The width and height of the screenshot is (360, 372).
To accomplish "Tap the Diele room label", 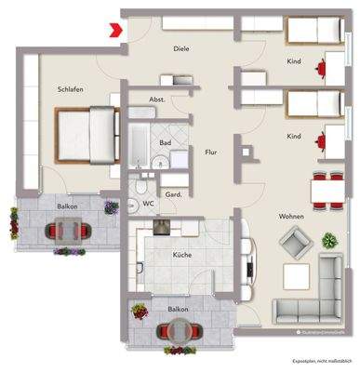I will click(x=180, y=48).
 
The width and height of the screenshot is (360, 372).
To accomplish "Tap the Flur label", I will click(x=211, y=151).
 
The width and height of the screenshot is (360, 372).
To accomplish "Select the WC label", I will click(x=148, y=202).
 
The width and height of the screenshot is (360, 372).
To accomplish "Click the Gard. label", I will click(x=174, y=195).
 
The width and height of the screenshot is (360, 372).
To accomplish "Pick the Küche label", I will click(x=182, y=254).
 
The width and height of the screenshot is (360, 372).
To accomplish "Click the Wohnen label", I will click(x=291, y=218).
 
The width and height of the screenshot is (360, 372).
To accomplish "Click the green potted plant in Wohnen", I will click(x=328, y=241).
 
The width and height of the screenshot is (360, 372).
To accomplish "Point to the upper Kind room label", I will click(x=294, y=63).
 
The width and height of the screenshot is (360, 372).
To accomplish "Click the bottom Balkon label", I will click(x=178, y=309).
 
